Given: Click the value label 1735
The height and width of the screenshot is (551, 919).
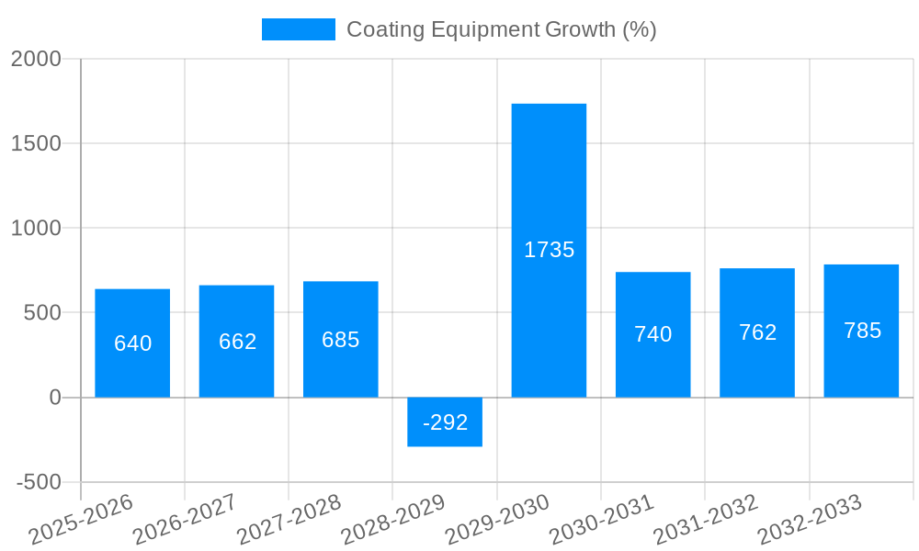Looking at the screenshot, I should click(x=549, y=250).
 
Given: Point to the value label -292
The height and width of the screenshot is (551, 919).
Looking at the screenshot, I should click(x=445, y=422).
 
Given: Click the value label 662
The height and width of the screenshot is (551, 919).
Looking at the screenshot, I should click(x=237, y=342).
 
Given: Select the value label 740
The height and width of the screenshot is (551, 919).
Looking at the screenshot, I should click(x=652, y=334).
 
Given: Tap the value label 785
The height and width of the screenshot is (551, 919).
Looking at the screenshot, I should click(x=862, y=331).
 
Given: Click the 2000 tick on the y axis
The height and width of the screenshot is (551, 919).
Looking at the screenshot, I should click(x=36, y=59).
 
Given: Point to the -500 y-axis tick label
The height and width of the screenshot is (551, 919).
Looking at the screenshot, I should click(x=39, y=483).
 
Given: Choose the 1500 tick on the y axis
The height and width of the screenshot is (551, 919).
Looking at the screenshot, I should click(x=36, y=144).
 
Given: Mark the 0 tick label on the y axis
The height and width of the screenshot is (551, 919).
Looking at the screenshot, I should click(x=54, y=398).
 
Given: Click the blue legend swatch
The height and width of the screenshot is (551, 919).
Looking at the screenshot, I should click(x=298, y=29).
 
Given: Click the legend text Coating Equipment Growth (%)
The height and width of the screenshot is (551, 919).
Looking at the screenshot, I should click(x=501, y=29).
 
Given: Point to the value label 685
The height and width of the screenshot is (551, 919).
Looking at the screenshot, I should click(x=340, y=340).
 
